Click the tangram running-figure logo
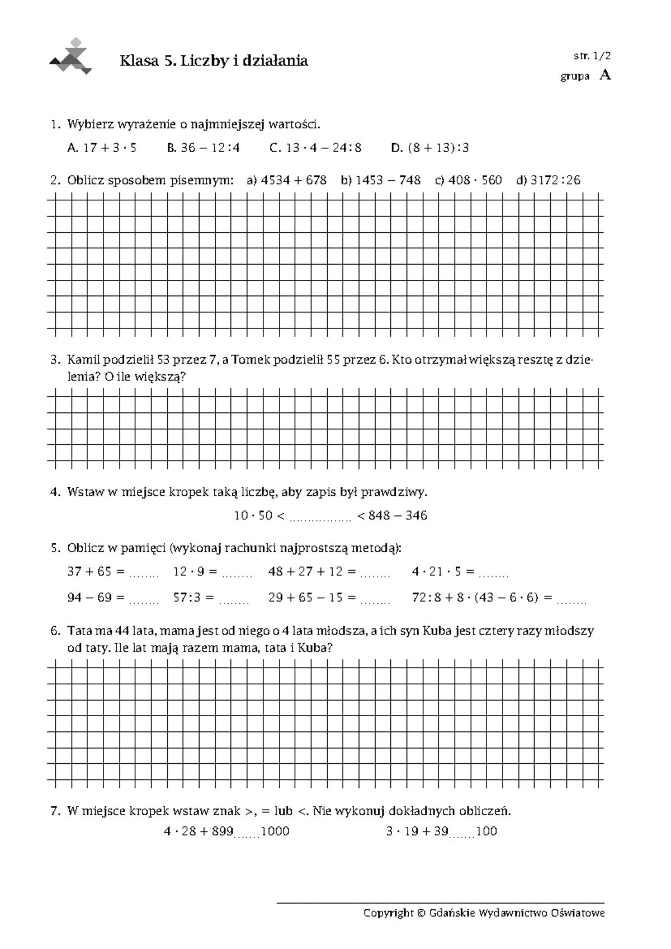click(x=71, y=58)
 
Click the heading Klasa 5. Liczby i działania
click(x=214, y=61)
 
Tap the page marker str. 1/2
click(x=592, y=55)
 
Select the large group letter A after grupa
click(x=604, y=76)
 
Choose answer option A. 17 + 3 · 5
click(x=102, y=148)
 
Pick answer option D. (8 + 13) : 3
click(x=429, y=148)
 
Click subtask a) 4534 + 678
click(x=286, y=180)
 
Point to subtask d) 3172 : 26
click(x=548, y=180)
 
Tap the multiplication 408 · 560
click(x=475, y=180)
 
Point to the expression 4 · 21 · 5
click(x=436, y=571)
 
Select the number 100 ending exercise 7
click(x=486, y=831)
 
